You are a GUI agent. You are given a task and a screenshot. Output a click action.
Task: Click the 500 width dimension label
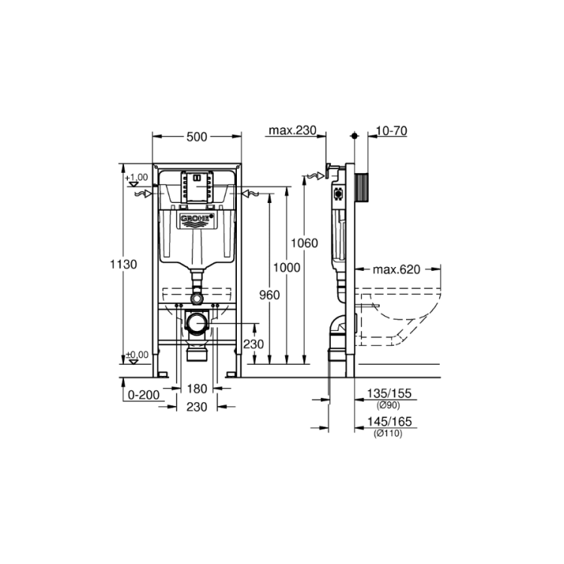point(197,137)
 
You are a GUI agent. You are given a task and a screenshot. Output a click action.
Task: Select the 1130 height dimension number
point(123,265)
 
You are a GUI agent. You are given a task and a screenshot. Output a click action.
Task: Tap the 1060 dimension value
point(305,243)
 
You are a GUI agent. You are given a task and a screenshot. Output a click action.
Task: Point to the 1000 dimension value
point(287,268)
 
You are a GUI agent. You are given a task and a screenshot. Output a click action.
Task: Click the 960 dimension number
point(269,295)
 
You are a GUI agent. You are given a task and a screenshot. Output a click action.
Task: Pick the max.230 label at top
point(293,130)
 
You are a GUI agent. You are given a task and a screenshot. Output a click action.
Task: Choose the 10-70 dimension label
point(392,131)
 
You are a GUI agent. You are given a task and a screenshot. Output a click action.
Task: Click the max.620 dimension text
point(396,269)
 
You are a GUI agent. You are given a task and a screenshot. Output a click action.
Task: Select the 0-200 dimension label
point(144,395)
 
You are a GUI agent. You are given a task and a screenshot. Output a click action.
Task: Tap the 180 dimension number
point(197,389)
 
